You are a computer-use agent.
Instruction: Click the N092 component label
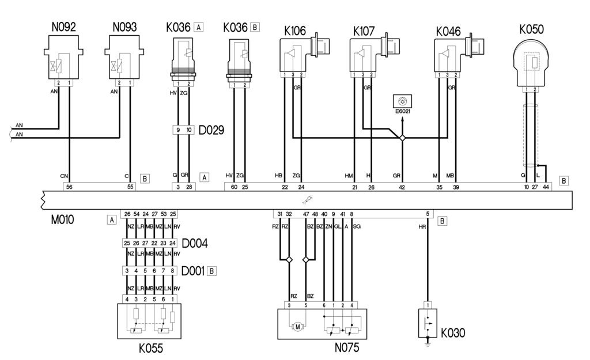point(63,27)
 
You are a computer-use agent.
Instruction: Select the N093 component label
point(124,27)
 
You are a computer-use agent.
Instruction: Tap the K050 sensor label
point(531,29)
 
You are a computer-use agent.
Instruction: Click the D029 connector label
point(211,130)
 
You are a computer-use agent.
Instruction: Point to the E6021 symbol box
point(402,101)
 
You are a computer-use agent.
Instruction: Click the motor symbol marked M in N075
point(297,327)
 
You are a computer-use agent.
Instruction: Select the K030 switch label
point(453,333)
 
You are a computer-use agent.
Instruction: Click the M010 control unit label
point(62,219)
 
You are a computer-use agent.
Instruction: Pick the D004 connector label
point(195,244)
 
